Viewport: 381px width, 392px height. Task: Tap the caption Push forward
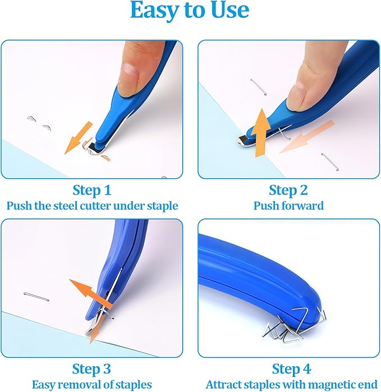[x=288, y=206]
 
